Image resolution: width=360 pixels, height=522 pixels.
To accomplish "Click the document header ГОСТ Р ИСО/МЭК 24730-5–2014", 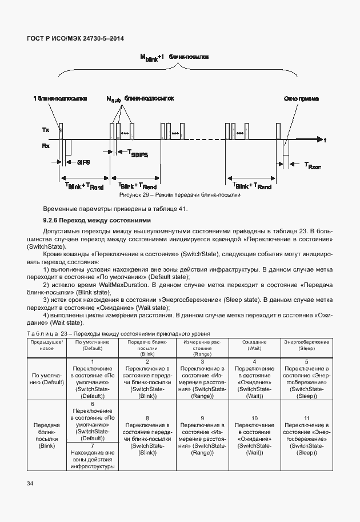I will (75, 38).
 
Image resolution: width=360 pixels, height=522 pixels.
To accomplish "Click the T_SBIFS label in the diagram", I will (136, 154).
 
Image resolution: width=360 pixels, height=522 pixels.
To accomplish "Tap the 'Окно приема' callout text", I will (301, 98).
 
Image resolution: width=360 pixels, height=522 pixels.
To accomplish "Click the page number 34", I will (30, 484).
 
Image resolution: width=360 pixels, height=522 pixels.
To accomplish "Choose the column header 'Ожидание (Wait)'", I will (254, 344).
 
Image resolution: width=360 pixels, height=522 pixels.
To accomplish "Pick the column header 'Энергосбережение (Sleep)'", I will (306, 344).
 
